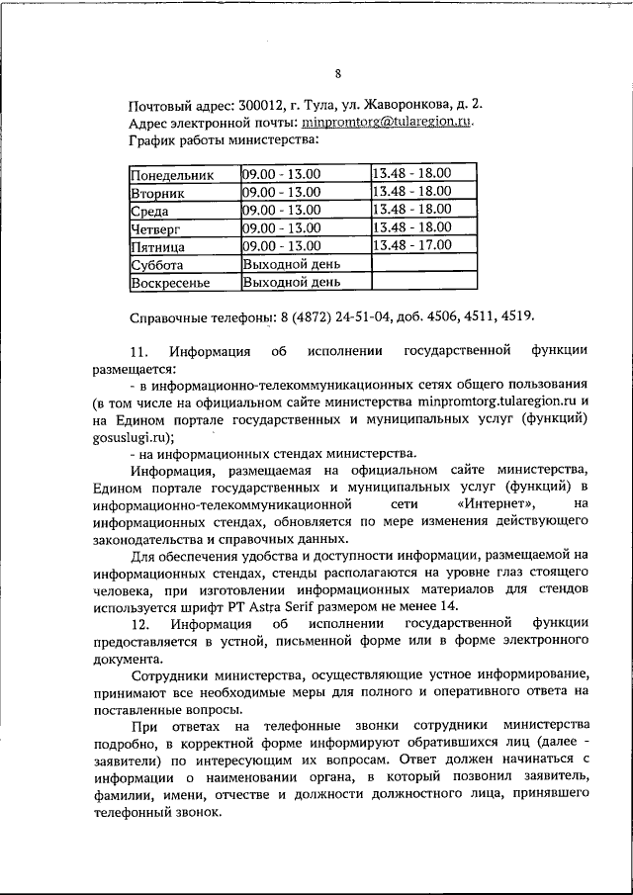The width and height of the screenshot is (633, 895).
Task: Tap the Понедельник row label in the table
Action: tap(171, 174)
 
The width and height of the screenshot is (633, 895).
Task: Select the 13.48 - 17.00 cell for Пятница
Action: tap(410, 245)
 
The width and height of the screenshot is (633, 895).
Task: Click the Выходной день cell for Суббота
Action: tap(292, 264)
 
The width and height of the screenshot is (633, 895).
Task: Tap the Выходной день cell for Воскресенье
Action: tap(292, 282)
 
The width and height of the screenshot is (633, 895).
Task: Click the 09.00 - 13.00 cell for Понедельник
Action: tap(282, 174)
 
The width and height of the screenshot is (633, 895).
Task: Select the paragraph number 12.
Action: tap(139, 625)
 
